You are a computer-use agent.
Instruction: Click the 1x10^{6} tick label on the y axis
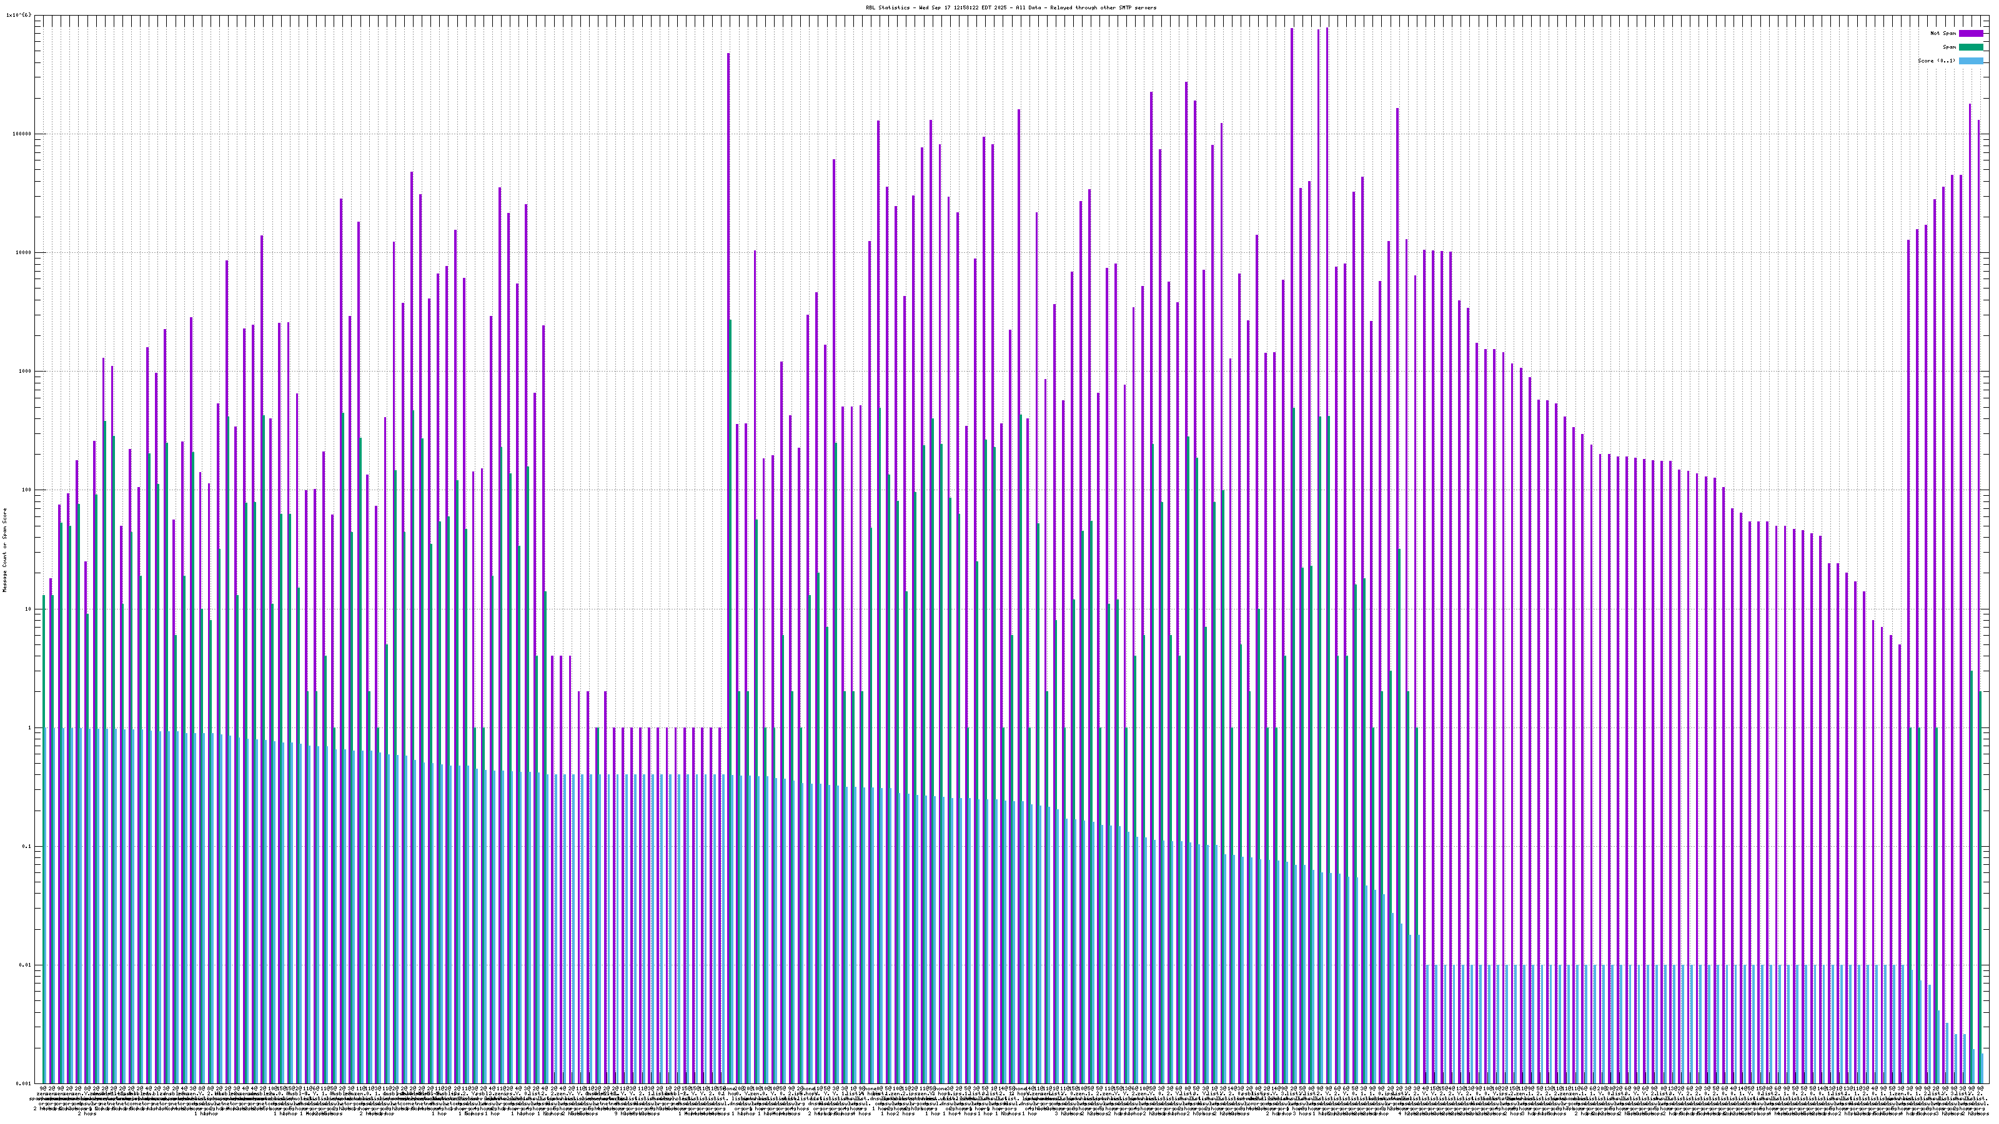click(x=19, y=15)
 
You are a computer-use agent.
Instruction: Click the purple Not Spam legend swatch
click(x=1971, y=33)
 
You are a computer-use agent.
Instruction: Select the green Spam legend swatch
click(x=1971, y=47)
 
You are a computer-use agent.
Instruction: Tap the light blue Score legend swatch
click(x=1971, y=61)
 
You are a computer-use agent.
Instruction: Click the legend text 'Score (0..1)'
click(x=1936, y=61)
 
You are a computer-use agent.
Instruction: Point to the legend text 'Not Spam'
click(x=1943, y=33)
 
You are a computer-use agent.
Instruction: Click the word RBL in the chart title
click(x=871, y=7)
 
